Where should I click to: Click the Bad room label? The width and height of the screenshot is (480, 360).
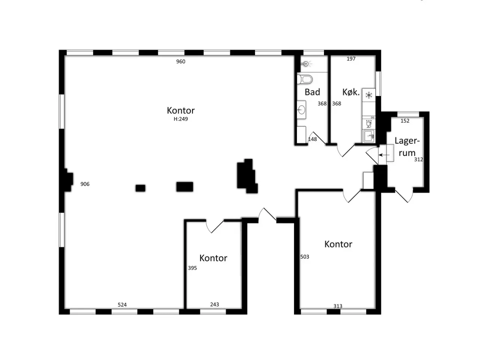pyautogui.click(x=312, y=92)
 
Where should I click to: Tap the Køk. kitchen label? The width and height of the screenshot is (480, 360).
pyautogui.click(x=351, y=92)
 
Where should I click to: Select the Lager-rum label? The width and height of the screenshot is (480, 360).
pyautogui.click(x=407, y=147)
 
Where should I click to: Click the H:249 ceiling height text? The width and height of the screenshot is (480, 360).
pyautogui.click(x=181, y=119)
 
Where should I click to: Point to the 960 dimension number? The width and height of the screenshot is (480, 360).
pyautogui.click(x=181, y=61)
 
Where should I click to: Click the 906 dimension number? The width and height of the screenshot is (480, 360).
pyautogui.click(x=85, y=184)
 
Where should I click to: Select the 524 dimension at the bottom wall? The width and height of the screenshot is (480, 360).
pyautogui.click(x=122, y=305)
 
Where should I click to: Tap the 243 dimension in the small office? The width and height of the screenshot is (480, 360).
pyautogui.click(x=214, y=304)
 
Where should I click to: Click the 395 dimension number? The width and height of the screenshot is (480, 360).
pyautogui.click(x=192, y=268)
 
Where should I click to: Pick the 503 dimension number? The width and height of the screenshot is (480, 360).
pyautogui.click(x=304, y=257)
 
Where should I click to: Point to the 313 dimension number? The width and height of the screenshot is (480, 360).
pyautogui.click(x=338, y=306)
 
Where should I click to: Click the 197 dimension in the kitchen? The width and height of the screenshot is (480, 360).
pyautogui.click(x=351, y=58)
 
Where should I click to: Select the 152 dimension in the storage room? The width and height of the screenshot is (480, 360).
pyautogui.click(x=405, y=121)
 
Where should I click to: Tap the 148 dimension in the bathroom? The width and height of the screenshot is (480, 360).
pyautogui.click(x=312, y=139)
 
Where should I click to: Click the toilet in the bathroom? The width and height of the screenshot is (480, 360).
pyautogui.click(x=304, y=79)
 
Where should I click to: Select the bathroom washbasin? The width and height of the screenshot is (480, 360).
pyautogui.click(x=301, y=109)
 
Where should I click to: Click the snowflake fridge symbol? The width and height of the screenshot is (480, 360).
pyautogui.click(x=369, y=95)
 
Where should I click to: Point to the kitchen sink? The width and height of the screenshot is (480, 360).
pyautogui.click(x=369, y=136)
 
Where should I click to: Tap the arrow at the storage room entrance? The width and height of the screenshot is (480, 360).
pyautogui.click(x=384, y=155)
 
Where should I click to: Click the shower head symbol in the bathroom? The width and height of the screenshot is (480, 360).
pyautogui.click(x=306, y=64)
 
